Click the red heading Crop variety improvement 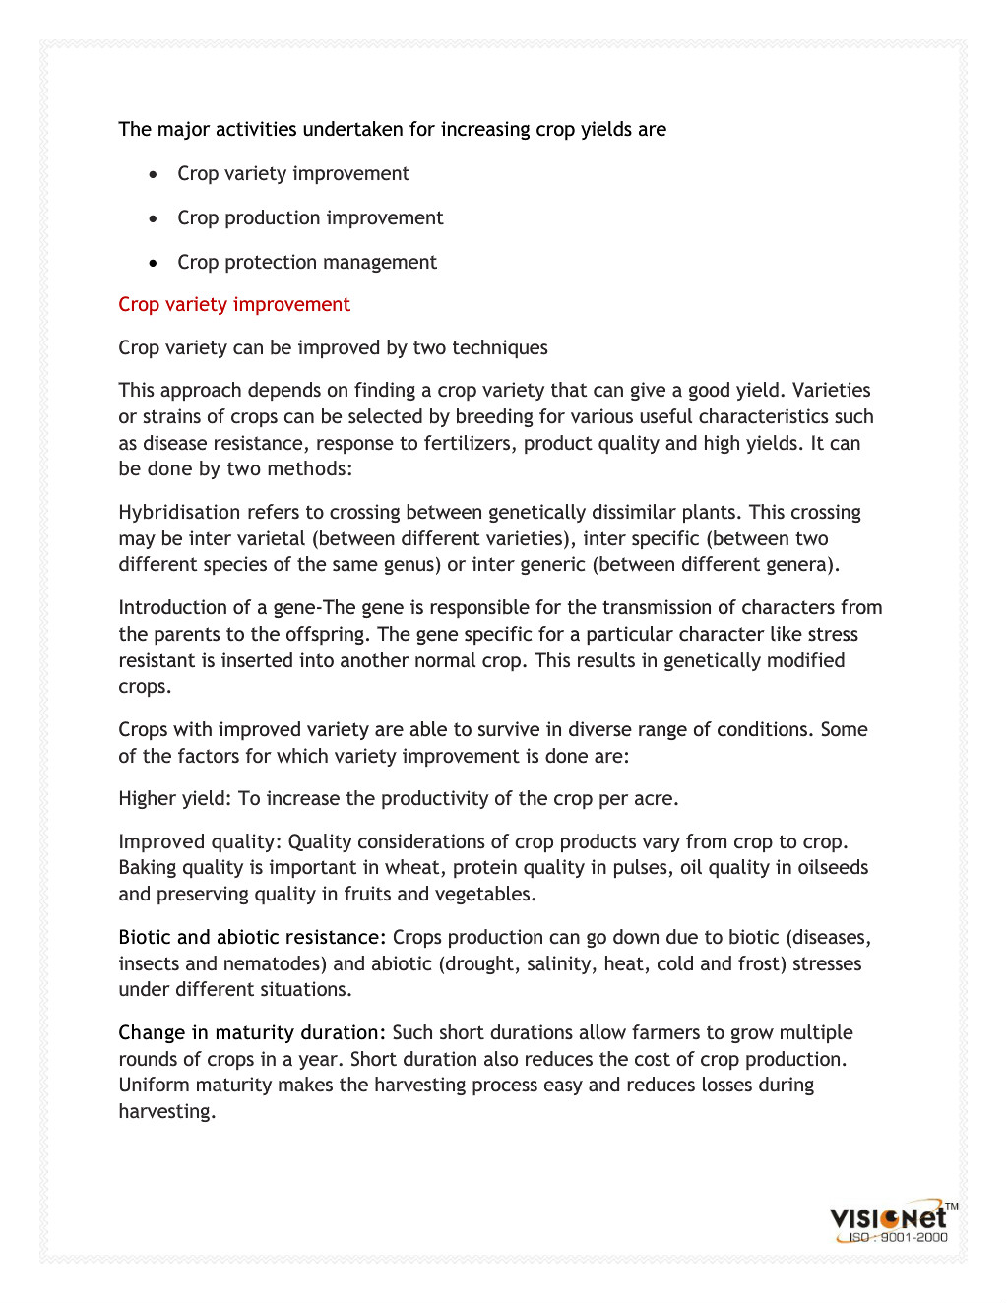[234, 305]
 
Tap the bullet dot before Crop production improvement [153, 218]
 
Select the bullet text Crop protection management [307, 263]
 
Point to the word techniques [500, 348]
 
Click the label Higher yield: [175, 799]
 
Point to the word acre [655, 799]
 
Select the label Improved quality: [200, 842]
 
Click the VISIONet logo [889, 1218]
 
